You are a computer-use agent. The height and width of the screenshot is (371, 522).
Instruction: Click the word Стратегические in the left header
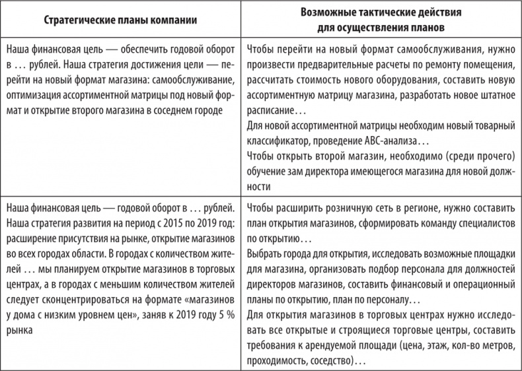(x=78, y=20)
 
